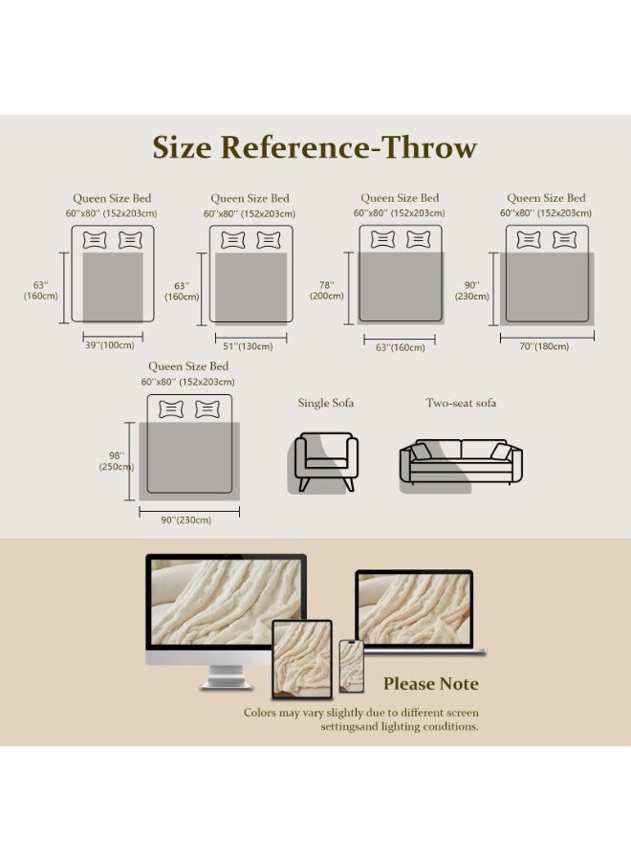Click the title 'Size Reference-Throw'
click(x=315, y=147)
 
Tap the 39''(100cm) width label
click(x=110, y=345)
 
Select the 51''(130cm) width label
click(x=248, y=346)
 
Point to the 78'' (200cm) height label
click(x=326, y=291)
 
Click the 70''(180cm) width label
click(x=544, y=346)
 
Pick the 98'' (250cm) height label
click(x=117, y=461)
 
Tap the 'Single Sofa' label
click(x=326, y=403)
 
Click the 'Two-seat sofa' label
click(x=461, y=403)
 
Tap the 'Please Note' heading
click(x=431, y=684)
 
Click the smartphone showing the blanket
click(x=351, y=666)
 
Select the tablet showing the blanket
click(x=302, y=659)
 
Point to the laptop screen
click(x=414, y=609)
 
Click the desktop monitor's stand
click(x=226, y=676)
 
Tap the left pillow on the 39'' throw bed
click(x=95, y=240)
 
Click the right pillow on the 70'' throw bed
click(x=565, y=240)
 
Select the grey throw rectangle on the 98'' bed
click(x=189, y=461)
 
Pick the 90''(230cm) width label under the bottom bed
click(x=186, y=520)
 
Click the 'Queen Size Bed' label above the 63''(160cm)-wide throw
click(x=400, y=198)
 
